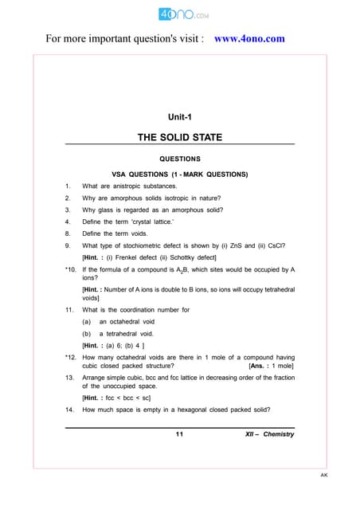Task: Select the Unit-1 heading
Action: tap(179, 117)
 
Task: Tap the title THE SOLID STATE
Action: tap(180, 138)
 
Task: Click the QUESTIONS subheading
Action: tap(179, 159)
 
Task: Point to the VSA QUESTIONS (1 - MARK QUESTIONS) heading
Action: tap(179, 174)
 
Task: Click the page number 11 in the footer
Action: tap(179, 434)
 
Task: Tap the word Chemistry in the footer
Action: tap(278, 434)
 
